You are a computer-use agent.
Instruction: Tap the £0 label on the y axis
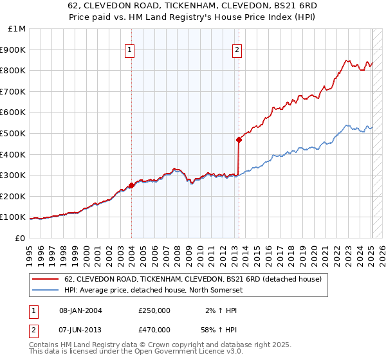point(20,238)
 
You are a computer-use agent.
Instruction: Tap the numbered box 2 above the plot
point(237,50)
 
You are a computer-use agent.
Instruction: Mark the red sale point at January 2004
point(132,185)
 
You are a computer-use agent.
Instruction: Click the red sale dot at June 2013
point(239,139)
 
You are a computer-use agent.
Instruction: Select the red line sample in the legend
point(46,279)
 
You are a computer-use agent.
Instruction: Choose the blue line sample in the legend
point(46,291)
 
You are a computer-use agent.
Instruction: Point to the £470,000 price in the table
point(154,329)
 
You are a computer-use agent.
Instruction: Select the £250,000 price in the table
point(154,311)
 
